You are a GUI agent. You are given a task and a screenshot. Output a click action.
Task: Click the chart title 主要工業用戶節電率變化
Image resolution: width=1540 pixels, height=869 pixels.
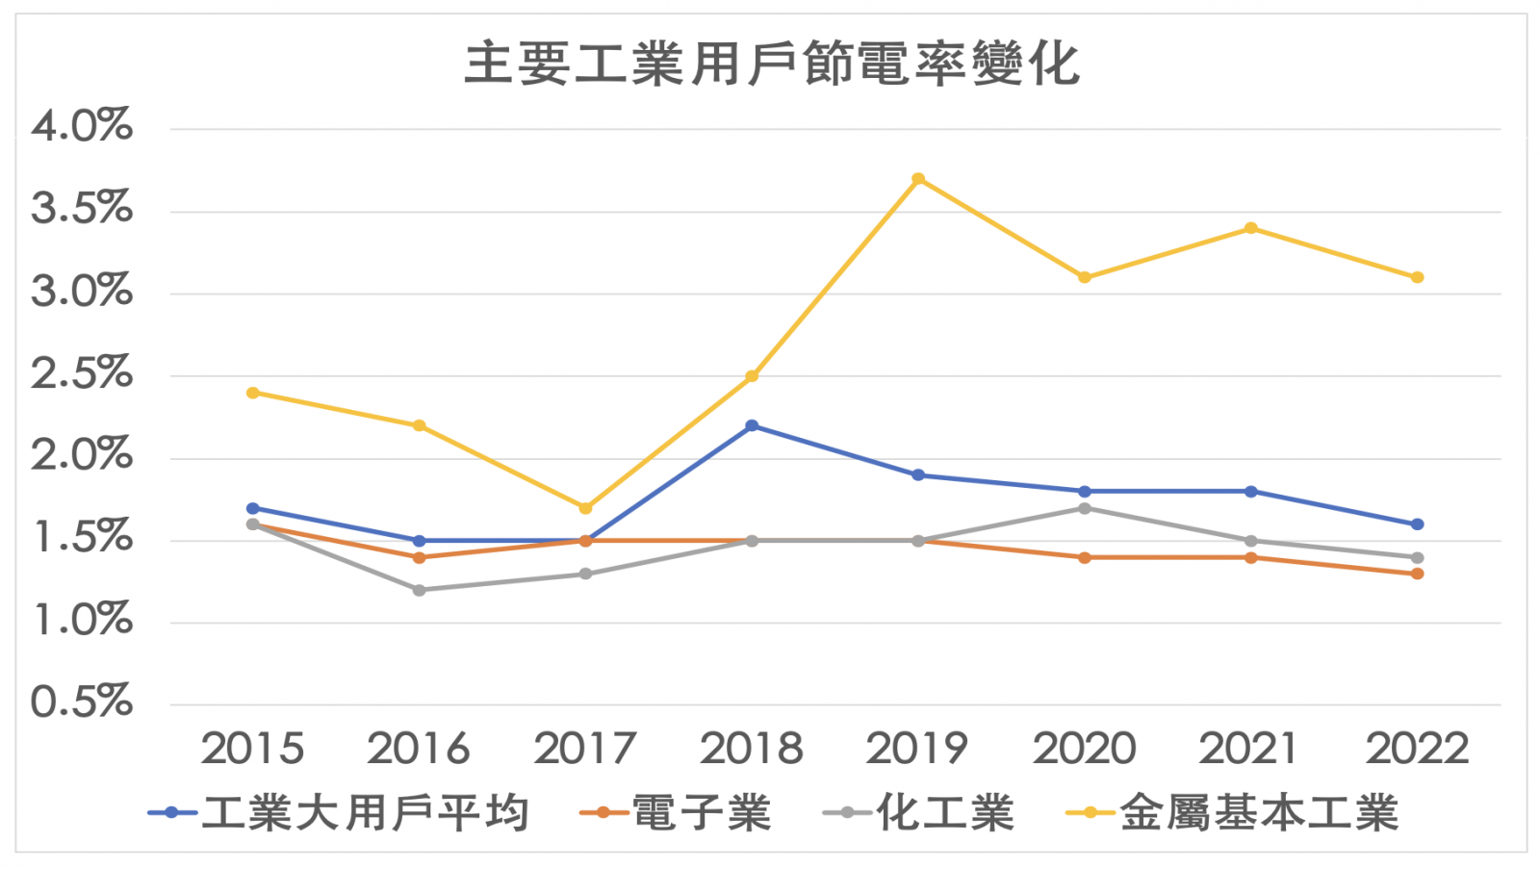772,64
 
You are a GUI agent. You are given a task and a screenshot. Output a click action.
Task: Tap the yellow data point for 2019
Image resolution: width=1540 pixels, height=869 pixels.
918,179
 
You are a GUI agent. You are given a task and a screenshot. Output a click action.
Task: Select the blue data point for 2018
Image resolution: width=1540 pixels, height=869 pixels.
752,425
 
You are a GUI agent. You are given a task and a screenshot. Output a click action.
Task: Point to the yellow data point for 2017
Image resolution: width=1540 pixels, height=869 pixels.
585,508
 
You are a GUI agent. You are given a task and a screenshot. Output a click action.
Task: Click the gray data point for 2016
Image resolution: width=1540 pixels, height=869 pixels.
419,590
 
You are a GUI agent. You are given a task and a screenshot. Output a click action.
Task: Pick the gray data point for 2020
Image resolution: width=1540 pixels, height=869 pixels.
1085,508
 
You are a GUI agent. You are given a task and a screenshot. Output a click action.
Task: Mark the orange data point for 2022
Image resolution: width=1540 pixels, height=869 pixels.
1417,574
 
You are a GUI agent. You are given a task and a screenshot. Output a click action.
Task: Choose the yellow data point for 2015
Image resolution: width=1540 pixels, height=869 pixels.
253,393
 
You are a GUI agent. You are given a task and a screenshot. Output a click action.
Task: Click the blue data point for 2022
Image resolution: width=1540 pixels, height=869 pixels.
1417,524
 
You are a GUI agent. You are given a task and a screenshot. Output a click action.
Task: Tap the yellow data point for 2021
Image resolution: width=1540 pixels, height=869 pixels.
1250,228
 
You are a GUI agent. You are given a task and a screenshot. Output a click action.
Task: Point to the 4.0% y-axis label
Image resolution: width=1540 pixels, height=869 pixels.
82,126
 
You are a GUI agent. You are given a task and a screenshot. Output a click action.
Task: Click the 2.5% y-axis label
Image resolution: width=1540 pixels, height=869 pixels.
82,373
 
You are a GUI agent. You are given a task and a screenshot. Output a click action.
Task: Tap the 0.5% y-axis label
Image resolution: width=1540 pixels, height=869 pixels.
82,703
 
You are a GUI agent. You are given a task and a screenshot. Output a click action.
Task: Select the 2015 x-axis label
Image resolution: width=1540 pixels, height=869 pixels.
252,749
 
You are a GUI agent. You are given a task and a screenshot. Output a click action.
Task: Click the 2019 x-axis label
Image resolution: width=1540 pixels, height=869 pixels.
917,749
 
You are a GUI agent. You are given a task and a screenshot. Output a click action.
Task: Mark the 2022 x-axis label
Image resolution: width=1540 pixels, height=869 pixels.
1417,749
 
